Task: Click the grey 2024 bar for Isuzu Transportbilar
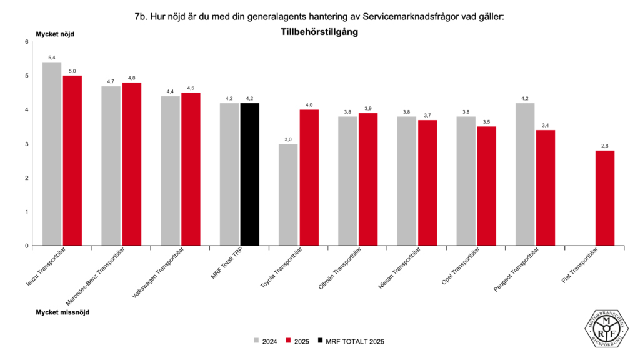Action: (x=51, y=154)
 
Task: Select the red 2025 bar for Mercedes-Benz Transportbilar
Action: (x=132, y=164)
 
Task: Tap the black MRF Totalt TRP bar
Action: (x=249, y=174)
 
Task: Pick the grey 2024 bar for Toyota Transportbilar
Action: (x=288, y=194)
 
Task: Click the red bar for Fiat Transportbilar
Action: (x=604, y=197)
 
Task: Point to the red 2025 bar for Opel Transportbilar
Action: (x=486, y=186)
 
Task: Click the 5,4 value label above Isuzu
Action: (x=51, y=57)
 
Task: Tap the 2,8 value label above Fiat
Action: (x=604, y=146)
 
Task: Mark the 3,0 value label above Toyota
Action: (x=288, y=139)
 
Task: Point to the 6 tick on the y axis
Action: (x=26, y=42)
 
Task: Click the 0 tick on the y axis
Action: (x=26, y=246)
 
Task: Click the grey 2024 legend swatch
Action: (x=257, y=341)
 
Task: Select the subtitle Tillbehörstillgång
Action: (x=319, y=32)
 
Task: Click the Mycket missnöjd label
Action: (x=62, y=311)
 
